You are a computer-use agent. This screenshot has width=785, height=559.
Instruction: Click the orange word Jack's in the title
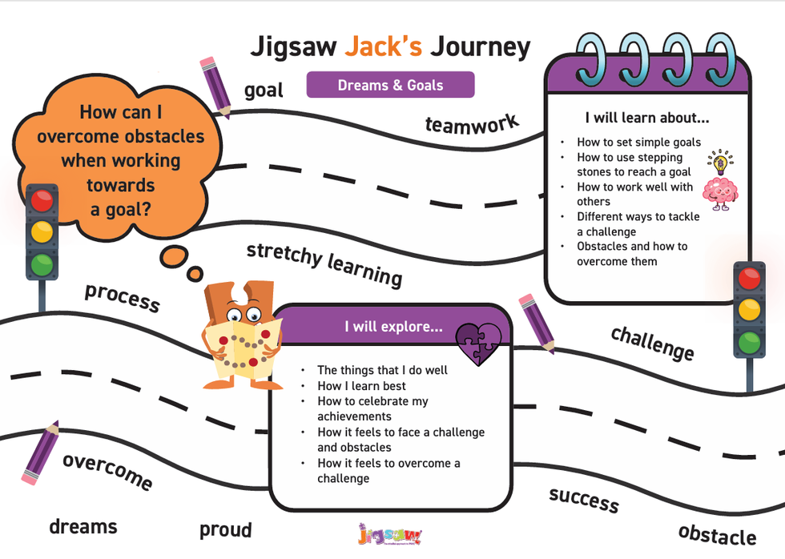tap(383, 46)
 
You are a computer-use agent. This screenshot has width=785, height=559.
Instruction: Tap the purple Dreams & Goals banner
tap(391, 85)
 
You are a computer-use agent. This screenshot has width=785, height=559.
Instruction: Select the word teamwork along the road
tap(472, 124)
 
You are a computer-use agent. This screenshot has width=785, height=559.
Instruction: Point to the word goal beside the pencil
tap(264, 90)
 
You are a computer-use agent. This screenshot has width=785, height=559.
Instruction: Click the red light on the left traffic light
tap(42, 201)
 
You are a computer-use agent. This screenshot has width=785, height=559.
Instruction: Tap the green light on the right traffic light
tap(749, 343)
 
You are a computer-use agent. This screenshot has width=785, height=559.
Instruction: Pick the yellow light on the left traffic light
tap(42, 232)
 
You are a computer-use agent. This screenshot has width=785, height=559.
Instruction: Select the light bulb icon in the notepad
tap(720, 162)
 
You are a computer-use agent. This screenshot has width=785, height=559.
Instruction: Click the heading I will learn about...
tap(647, 118)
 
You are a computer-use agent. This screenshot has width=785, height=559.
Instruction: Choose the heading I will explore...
tap(393, 326)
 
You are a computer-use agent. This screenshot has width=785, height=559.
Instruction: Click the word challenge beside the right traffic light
tap(652, 344)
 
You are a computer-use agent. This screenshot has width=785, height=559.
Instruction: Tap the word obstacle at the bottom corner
tap(717, 535)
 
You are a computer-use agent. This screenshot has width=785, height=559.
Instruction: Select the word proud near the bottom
tap(225, 529)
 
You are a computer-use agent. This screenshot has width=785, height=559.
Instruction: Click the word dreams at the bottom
tap(83, 526)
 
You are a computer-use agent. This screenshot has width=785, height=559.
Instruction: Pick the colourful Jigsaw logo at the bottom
tap(390, 534)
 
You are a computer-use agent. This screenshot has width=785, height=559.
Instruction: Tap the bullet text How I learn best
tap(361, 386)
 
